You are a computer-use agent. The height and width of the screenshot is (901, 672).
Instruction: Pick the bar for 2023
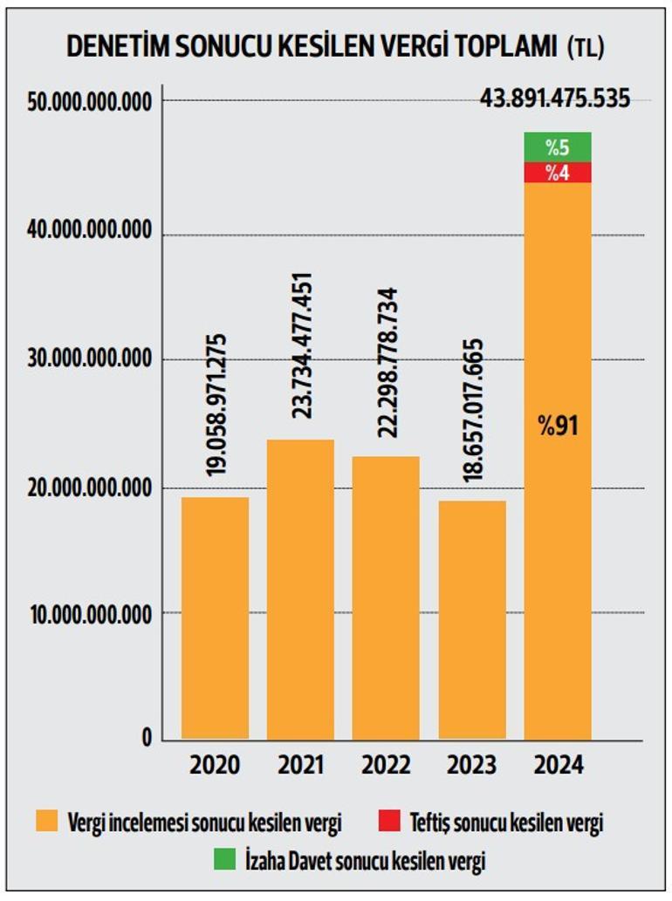click(471, 619)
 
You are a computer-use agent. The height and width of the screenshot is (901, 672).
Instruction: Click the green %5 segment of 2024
click(558, 147)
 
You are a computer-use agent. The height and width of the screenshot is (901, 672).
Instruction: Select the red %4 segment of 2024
click(558, 173)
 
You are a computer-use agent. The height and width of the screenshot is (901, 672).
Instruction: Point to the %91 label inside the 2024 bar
click(559, 427)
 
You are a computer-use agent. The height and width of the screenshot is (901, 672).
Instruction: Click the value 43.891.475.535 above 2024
click(555, 99)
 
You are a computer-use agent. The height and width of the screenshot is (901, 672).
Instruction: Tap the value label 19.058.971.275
click(216, 405)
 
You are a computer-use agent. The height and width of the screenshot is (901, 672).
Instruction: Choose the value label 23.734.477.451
click(302, 345)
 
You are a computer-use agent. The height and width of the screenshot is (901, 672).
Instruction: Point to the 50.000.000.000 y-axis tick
click(90, 102)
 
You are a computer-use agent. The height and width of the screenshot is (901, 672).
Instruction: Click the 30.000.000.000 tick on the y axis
click(90, 359)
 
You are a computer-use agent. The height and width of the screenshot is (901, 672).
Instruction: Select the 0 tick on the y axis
click(146, 738)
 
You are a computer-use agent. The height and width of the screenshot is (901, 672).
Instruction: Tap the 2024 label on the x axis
click(558, 766)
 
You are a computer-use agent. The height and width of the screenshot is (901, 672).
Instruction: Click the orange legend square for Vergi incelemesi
click(47, 821)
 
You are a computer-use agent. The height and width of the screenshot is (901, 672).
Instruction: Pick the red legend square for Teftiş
click(389, 821)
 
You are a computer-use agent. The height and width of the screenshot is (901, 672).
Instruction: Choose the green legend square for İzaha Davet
click(224, 860)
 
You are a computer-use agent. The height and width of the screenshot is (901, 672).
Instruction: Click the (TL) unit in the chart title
click(585, 50)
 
